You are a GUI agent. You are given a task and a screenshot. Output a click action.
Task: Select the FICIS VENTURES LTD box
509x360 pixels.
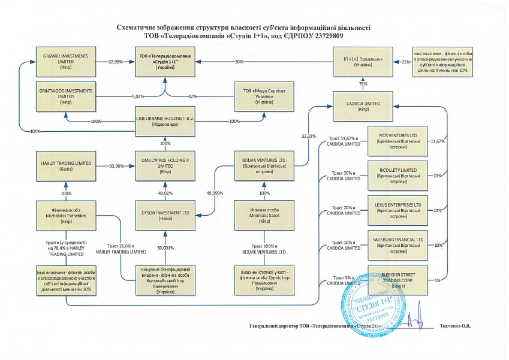pyautogui.click(x=397, y=140)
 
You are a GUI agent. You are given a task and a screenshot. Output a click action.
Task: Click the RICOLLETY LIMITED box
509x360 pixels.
pyautogui.click(x=397, y=175)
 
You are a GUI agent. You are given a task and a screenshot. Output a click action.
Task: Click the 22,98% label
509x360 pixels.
pyautogui.click(x=115, y=62)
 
